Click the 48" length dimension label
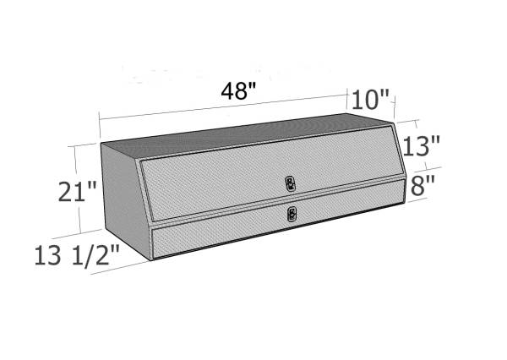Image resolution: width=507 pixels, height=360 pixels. (x=238, y=91)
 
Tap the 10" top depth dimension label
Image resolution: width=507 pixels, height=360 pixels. (x=370, y=100)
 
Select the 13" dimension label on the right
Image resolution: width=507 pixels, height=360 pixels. (x=422, y=146)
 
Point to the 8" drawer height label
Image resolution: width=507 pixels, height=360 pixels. (x=422, y=186)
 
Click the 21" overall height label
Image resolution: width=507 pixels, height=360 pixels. (x=77, y=192)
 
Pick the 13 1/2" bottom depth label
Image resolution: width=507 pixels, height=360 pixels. (x=77, y=255)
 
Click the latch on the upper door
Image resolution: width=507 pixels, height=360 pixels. (x=290, y=183)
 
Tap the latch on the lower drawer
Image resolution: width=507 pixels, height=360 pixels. (x=292, y=214)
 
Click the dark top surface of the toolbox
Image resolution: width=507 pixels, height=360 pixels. (x=246, y=136)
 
